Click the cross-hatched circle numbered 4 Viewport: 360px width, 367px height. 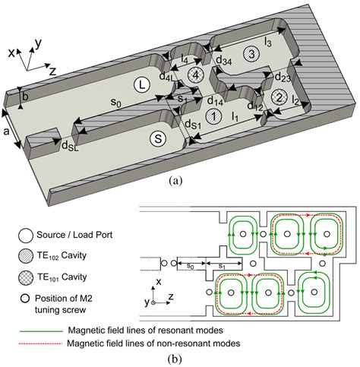coord(196,74)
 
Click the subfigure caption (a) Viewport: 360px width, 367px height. coord(176,181)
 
